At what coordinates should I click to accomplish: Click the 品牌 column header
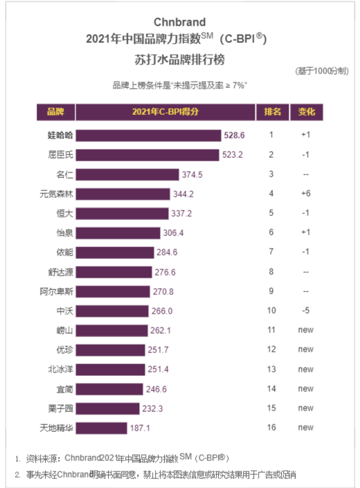coord(55,111)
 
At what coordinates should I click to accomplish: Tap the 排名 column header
coord(272,111)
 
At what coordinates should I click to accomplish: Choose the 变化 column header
coord(307,111)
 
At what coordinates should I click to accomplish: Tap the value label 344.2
coord(183,194)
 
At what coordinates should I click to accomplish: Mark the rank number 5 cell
coord(272,213)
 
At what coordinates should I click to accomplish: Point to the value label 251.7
coord(159,350)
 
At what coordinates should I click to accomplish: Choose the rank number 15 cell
coord(272,409)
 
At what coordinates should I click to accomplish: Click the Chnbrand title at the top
coord(180,22)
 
